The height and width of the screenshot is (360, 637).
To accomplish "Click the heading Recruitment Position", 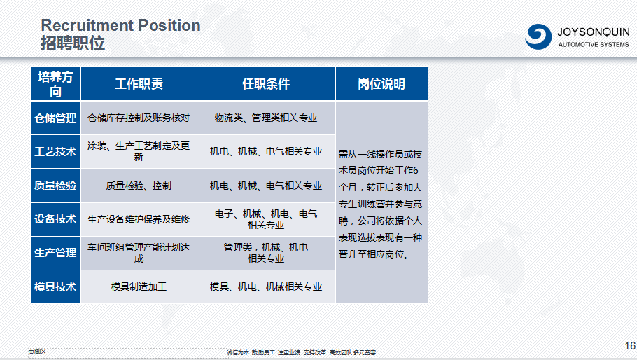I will (x=120, y=26).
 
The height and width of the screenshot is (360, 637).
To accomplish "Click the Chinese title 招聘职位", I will (x=73, y=43).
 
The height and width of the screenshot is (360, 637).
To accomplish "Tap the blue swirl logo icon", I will (x=538, y=35).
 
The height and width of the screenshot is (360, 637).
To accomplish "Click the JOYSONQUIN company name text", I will (x=593, y=32).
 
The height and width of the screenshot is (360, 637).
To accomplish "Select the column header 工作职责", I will (x=139, y=84).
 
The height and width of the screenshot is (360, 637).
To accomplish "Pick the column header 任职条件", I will (x=266, y=84).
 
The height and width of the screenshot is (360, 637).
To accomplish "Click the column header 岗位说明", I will (x=381, y=84).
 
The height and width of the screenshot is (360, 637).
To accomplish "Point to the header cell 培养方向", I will (x=55, y=84).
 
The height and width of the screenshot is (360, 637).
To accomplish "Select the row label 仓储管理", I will (x=55, y=118).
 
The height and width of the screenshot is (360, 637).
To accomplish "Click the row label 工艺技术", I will (x=55, y=152).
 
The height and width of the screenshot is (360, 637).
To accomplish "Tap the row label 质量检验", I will (x=55, y=186).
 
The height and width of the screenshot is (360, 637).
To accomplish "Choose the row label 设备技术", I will (x=55, y=219).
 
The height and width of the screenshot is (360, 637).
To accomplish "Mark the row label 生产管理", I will (x=55, y=253).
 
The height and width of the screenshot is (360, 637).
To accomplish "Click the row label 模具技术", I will (x=55, y=286).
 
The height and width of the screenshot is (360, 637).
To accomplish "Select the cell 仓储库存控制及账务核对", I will (x=139, y=118).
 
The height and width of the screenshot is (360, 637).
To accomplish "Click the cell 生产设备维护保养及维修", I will (x=139, y=219).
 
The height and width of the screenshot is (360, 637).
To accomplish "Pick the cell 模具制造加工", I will (x=139, y=286).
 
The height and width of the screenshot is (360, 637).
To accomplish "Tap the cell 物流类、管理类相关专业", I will (x=266, y=118).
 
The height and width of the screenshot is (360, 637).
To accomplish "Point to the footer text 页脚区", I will (x=36, y=352).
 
